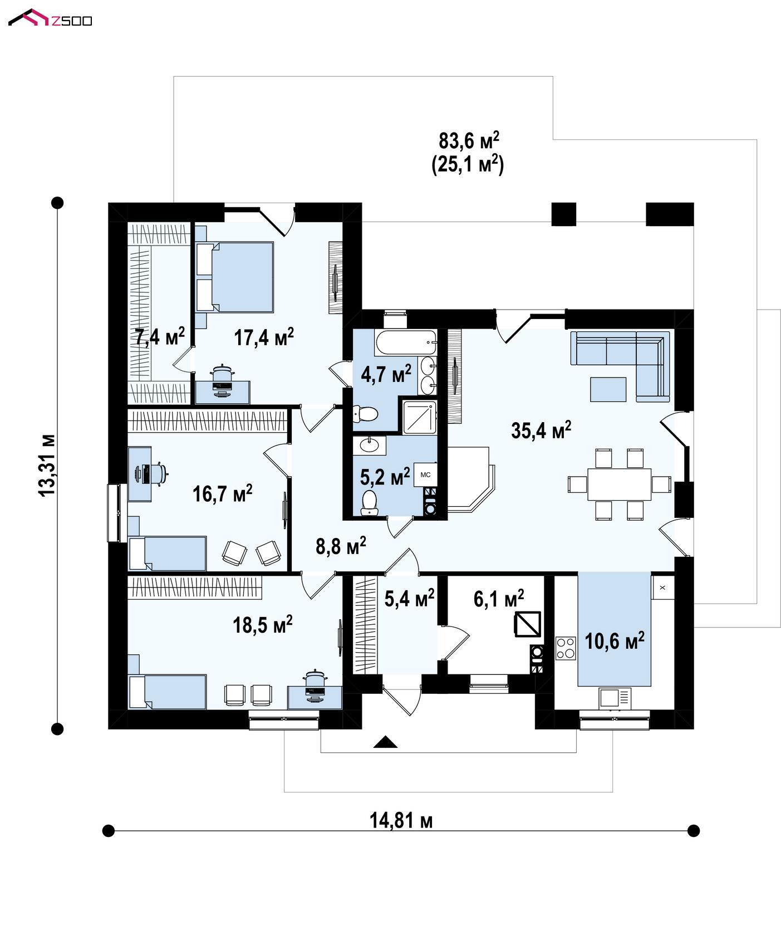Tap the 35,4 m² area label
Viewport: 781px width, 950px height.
click(x=541, y=430)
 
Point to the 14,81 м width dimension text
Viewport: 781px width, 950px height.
click(x=401, y=820)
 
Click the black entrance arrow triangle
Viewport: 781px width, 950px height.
click(x=385, y=742)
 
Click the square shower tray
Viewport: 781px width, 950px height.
click(x=419, y=417)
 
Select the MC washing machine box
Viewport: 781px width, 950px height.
click(x=425, y=474)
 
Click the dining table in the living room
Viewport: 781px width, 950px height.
click(x=619, y=484)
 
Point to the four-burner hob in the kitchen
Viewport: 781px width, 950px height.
click(x=566, y=648)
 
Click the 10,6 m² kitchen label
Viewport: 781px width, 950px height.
click(x=615, y=641)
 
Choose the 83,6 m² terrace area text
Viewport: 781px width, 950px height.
click(x=469, y=140)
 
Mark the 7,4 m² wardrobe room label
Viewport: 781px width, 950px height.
click(x=160, y=337)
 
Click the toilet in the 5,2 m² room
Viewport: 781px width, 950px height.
click(x=369, y=502)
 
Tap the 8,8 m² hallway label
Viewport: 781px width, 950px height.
click(x=341, y=546)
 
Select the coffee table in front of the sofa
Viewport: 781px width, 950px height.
click(x=608, y=389)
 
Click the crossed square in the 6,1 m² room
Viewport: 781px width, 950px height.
click(x=527, y=624)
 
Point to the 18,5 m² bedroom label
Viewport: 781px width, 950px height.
click(x=263, y=625)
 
